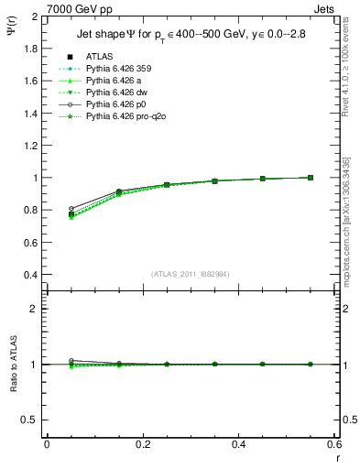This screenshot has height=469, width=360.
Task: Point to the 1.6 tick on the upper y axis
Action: pos(29,82)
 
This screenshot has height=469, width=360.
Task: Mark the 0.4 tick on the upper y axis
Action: pos(29,275)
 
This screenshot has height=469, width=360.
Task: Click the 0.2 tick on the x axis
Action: pos(143,444)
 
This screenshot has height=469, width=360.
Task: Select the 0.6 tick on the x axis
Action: pos(335,444)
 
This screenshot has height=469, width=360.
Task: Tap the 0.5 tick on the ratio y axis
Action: pos(29,420)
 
